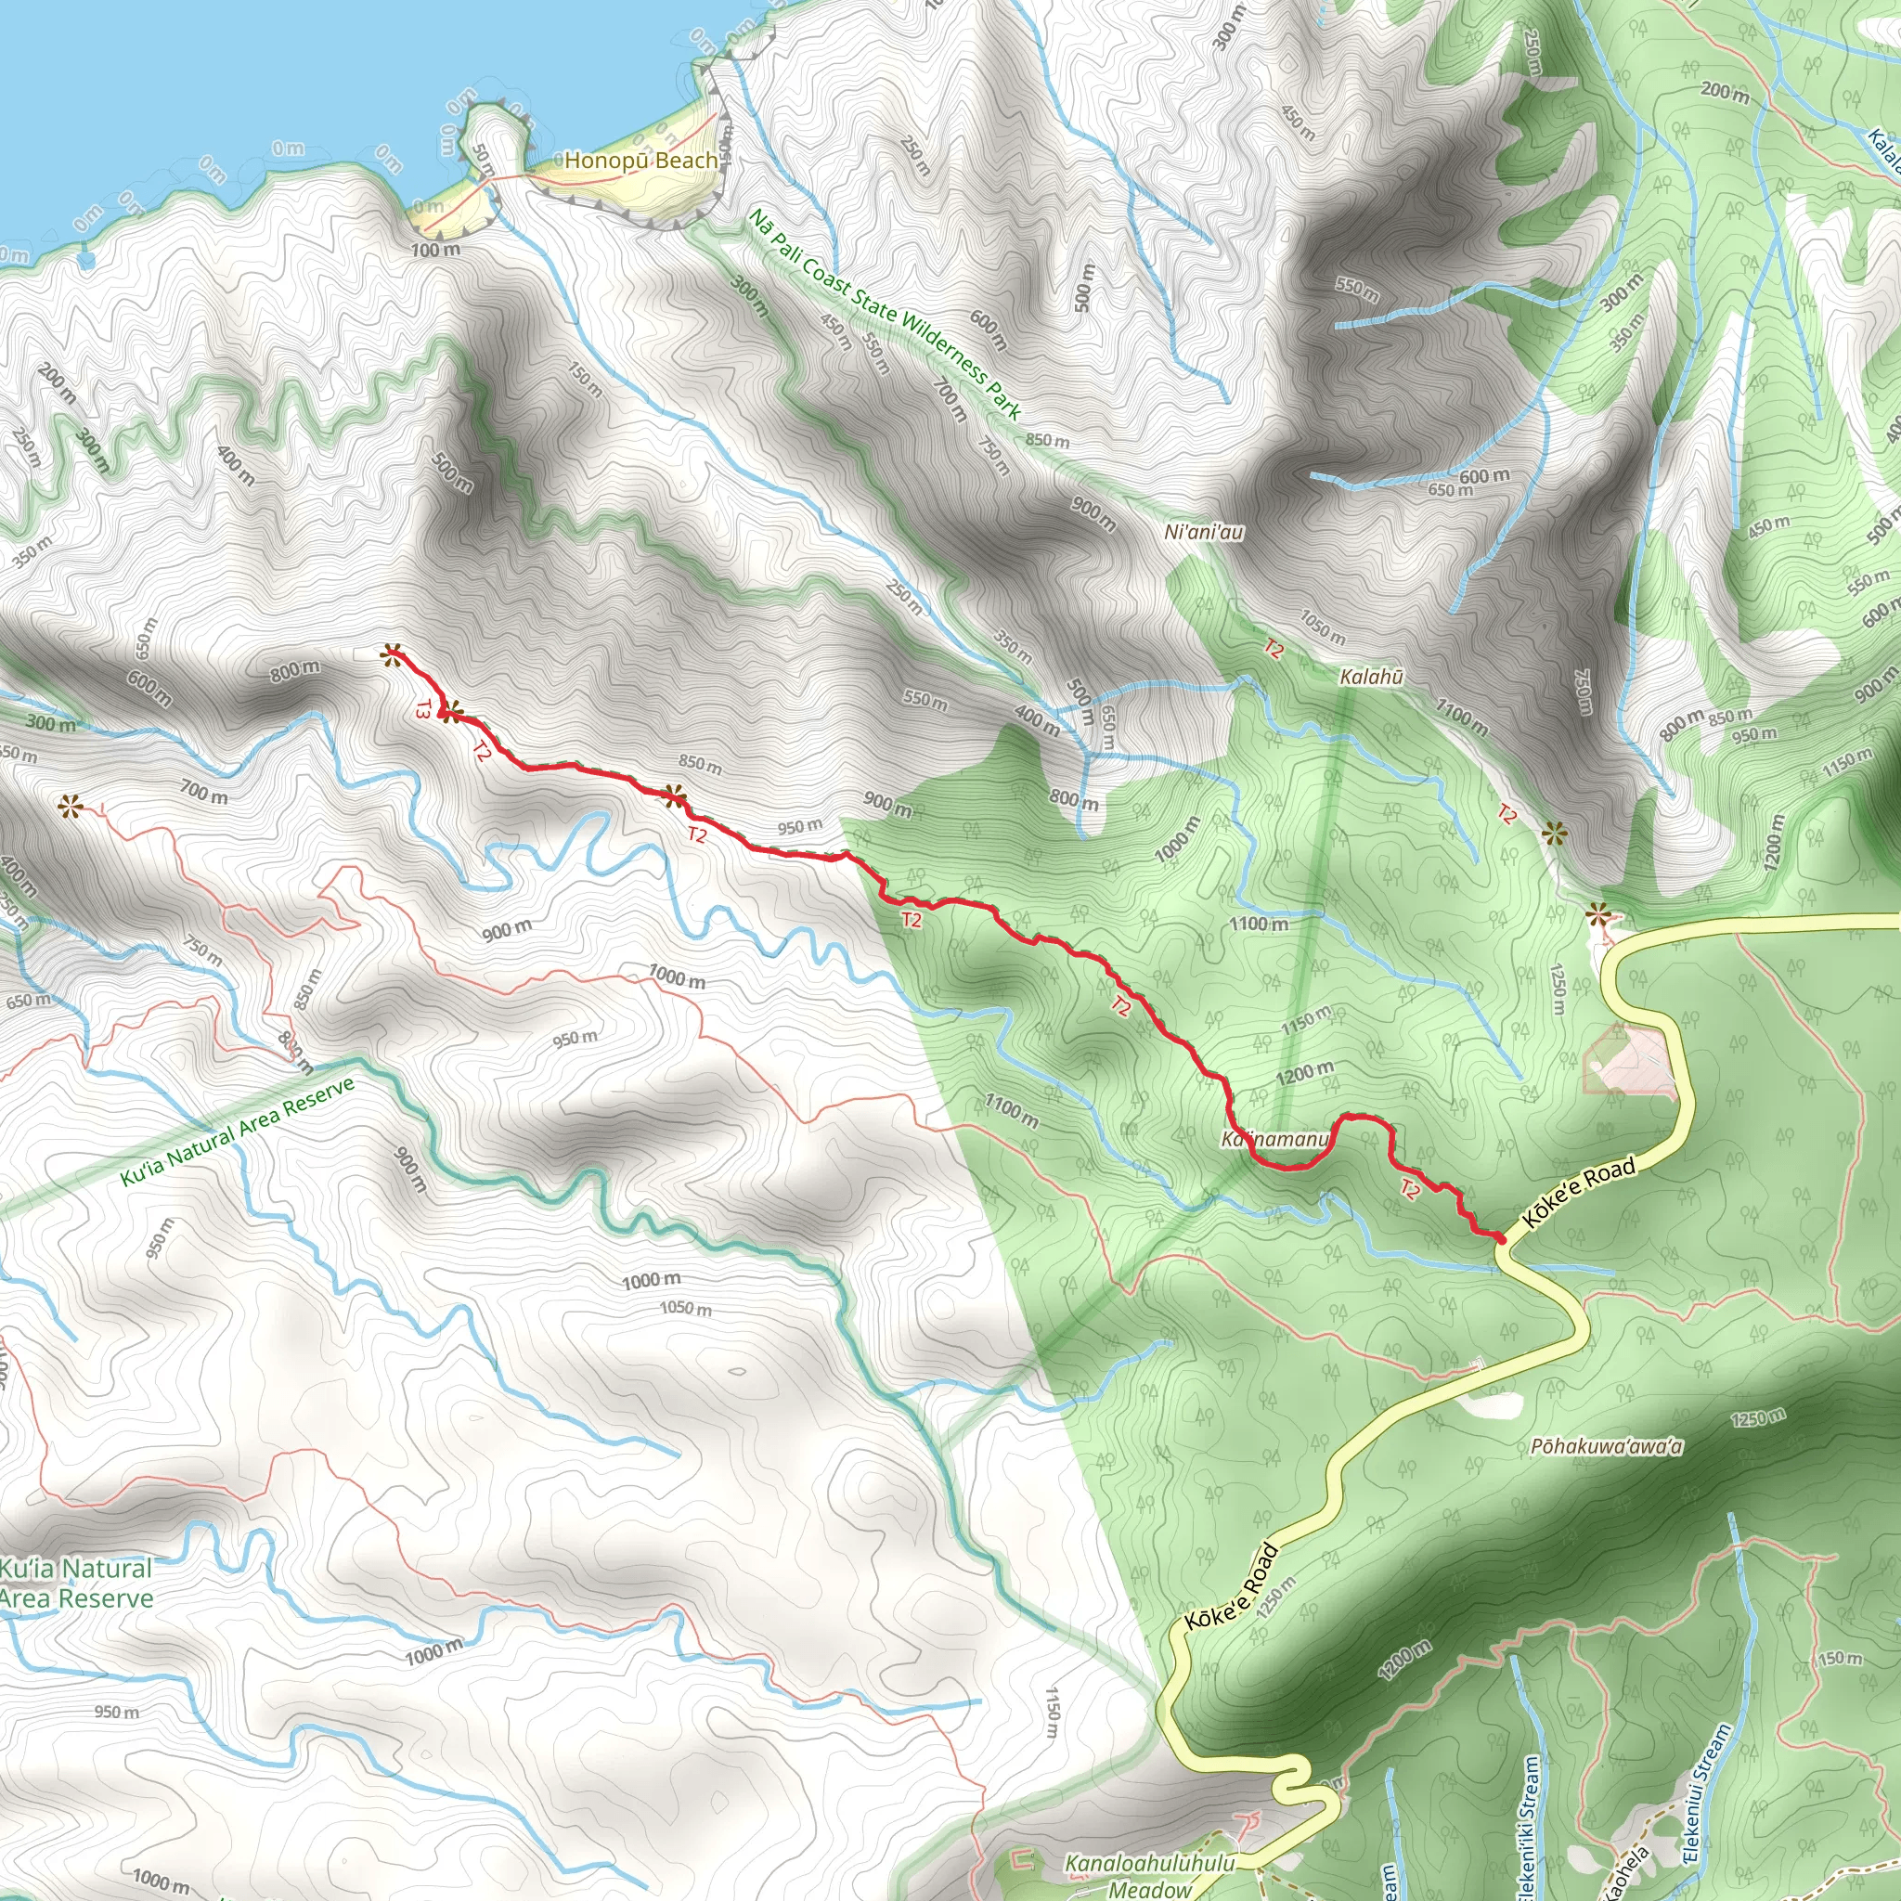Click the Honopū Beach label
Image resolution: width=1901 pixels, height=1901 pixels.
640,160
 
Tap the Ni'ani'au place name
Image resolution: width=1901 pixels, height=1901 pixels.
1203,532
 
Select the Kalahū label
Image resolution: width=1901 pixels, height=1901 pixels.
1372,677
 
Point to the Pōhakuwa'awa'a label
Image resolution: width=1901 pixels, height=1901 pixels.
1607,1446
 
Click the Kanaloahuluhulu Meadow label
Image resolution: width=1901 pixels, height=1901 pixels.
1149,1874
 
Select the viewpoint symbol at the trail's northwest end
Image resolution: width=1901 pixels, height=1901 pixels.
392,653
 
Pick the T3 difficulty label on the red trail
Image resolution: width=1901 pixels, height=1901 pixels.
424,708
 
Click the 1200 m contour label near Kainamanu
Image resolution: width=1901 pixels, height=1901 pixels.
1305,1074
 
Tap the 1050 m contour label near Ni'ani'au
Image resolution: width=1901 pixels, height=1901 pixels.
1323,627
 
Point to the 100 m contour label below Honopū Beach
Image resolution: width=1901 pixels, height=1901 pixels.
435,250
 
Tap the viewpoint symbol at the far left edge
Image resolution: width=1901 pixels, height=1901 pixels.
69,808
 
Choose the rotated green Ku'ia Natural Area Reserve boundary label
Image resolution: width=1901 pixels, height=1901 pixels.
236,1132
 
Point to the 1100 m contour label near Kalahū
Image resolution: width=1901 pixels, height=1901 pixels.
1460,716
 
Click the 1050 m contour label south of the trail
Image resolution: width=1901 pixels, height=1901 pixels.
685,1309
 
